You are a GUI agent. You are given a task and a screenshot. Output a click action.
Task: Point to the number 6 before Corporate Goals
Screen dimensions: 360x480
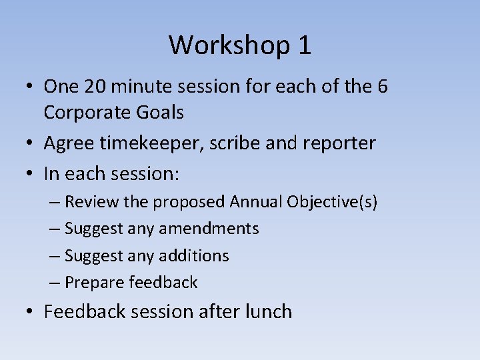(x=382, y=87)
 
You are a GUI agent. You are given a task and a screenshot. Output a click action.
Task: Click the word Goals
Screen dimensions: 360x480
(x=159, y=113)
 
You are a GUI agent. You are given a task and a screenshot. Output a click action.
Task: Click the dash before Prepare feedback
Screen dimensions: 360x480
(x=56, y=283)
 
